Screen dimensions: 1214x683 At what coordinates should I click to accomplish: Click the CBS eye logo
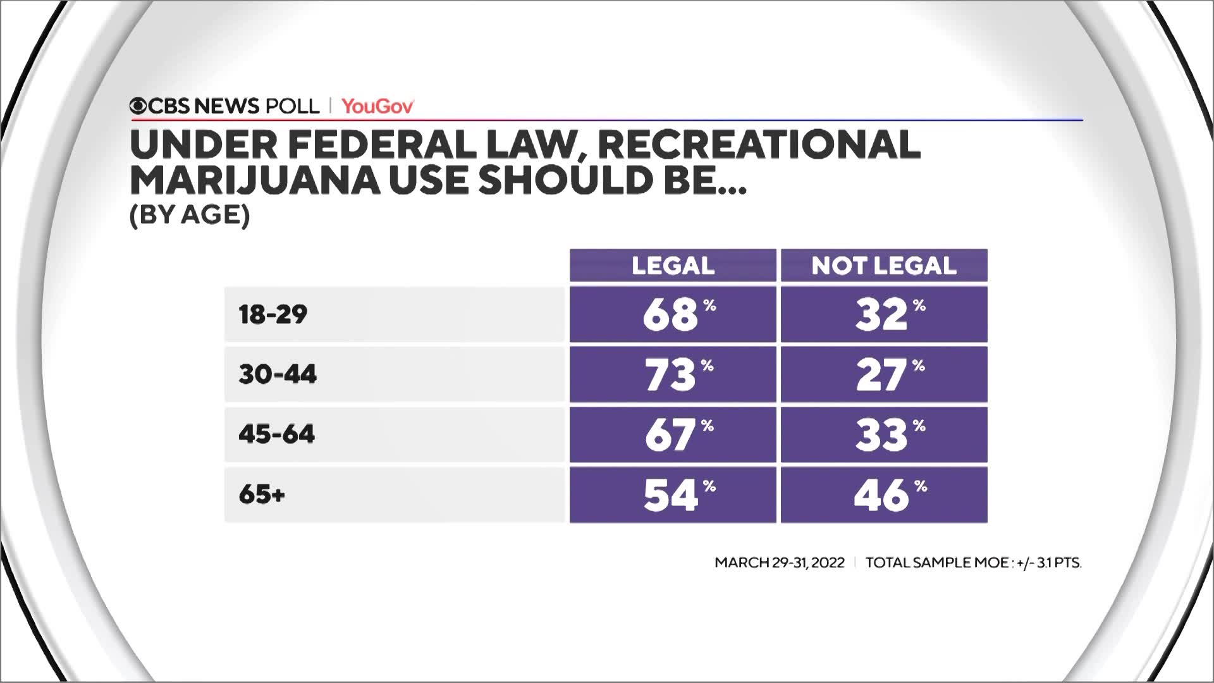[138, 106]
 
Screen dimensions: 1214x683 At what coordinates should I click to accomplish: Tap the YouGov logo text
[377, 106]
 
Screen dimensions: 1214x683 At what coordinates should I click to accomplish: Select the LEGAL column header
[673, 266]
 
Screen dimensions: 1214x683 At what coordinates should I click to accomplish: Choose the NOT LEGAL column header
[884, 266]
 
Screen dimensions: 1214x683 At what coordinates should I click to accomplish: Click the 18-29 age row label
[273, 314]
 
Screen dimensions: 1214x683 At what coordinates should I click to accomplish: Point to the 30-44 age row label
[278, 374]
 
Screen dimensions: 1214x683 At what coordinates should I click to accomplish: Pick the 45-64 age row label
[276, 434]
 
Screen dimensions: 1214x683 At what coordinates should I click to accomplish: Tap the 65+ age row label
[262, 495]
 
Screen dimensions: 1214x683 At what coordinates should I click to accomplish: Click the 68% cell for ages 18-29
[673, 314]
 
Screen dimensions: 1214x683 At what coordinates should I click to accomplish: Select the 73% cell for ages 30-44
[673, 374]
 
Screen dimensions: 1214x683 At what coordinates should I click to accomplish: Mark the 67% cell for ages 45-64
[673, 434]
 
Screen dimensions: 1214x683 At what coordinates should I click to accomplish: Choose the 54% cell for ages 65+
[673, 495]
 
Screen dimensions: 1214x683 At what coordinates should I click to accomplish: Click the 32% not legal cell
[884, 314]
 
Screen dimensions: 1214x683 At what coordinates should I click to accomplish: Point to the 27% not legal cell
[884, 374]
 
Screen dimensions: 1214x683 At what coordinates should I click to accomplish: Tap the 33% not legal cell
[884, 434]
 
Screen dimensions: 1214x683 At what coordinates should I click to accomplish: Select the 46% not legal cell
[884, 495]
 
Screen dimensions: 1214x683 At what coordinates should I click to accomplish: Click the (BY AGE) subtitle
[190, 216]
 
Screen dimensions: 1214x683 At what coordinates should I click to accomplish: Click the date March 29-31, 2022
[780, 562]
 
